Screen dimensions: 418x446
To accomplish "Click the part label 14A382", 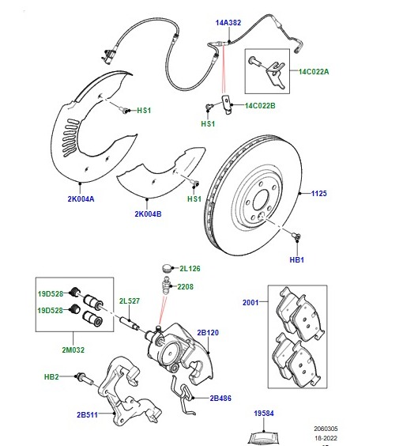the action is click(228, 22).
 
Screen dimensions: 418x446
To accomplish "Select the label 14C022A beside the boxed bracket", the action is click(314, 72).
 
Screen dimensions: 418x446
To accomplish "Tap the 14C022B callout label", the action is click(260, 106).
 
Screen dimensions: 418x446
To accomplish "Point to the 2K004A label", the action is click(81, 198).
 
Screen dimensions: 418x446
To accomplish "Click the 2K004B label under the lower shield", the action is click(148, 214).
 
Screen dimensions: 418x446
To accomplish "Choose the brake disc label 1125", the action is click(318, 194).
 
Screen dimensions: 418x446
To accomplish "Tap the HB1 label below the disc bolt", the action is click(296, 259).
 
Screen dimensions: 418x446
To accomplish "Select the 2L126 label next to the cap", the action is click(190, 269).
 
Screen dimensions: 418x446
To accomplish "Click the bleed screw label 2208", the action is click(185, 287).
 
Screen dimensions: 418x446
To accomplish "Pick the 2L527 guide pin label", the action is click(130, 301).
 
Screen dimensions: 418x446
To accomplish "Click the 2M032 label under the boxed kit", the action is click(73, 350).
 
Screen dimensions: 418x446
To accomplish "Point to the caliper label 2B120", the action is click(208, 332).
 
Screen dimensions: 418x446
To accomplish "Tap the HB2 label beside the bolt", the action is click(51, 377).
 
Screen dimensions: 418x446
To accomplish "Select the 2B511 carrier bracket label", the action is click(87, 414).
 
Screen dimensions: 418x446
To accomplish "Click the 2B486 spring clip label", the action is click(220, 399).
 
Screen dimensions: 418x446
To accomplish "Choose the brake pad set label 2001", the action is click(250, 302).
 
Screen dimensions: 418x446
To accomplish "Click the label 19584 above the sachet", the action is click(264, 414).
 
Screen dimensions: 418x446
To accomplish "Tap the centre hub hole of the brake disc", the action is click(261, 200).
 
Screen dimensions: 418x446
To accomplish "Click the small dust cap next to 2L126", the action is click(167, 268).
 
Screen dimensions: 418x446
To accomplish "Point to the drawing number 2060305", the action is click(326, 429).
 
